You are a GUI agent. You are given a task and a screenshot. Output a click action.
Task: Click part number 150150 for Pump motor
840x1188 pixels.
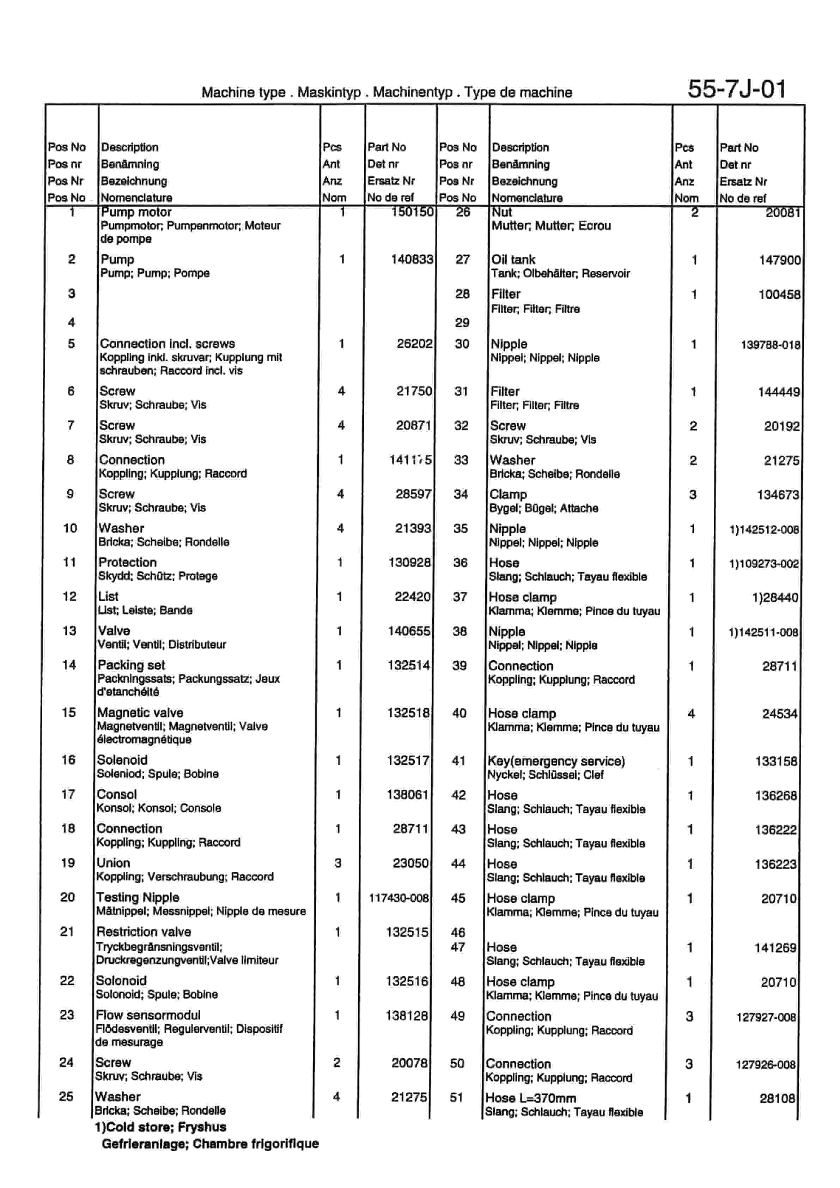[x=412, y=212]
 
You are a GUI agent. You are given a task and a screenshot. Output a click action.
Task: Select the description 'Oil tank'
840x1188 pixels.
[x=513, y=259]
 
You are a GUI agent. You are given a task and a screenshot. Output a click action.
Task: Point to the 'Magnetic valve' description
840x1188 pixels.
[x=140, y=713]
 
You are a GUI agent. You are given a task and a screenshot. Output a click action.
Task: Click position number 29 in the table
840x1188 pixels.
[x=462, y=322]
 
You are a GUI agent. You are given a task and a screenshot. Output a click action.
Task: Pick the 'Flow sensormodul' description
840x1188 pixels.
[x=148, y=1015]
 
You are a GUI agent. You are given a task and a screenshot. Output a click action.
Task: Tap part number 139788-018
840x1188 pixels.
[x=770, y=345]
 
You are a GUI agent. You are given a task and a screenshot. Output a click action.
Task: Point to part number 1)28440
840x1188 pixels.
[x=775, y=598]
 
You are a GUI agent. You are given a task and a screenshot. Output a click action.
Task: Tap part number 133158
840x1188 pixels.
[x=776, y=761]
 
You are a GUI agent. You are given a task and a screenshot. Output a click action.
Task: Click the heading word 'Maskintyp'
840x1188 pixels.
[x=329, y=92]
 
